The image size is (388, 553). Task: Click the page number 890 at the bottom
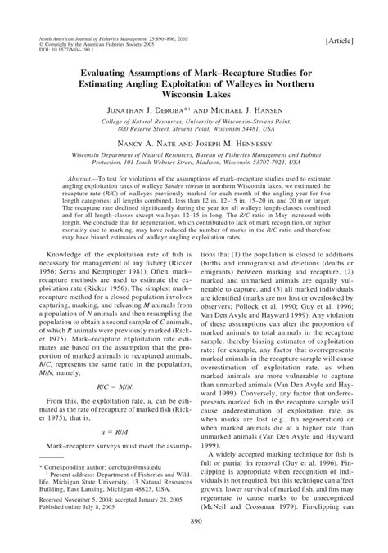194,543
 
